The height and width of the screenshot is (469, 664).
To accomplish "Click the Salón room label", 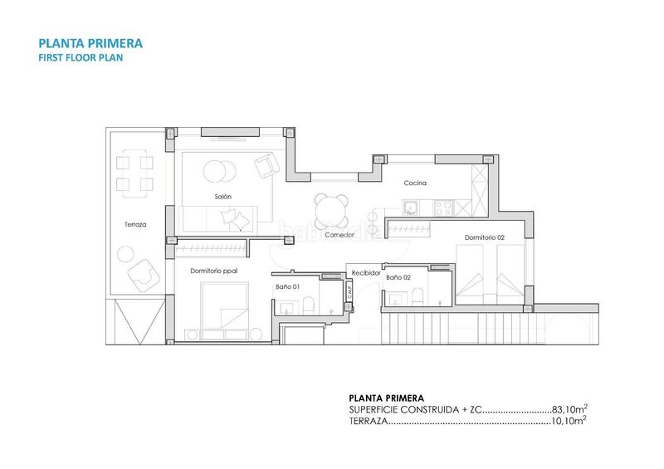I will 222,196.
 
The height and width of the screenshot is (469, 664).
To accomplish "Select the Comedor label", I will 339,234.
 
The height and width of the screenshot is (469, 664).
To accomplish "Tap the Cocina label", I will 415,183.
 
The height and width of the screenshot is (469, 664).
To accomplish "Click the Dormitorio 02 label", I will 485,238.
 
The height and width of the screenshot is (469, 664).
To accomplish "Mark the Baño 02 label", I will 398,276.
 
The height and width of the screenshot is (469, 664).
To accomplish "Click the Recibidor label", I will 366,271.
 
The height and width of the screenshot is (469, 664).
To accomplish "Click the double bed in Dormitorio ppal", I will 222,305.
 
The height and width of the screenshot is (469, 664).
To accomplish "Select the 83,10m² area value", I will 569,409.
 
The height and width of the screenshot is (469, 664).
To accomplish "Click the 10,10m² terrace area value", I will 569,422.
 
